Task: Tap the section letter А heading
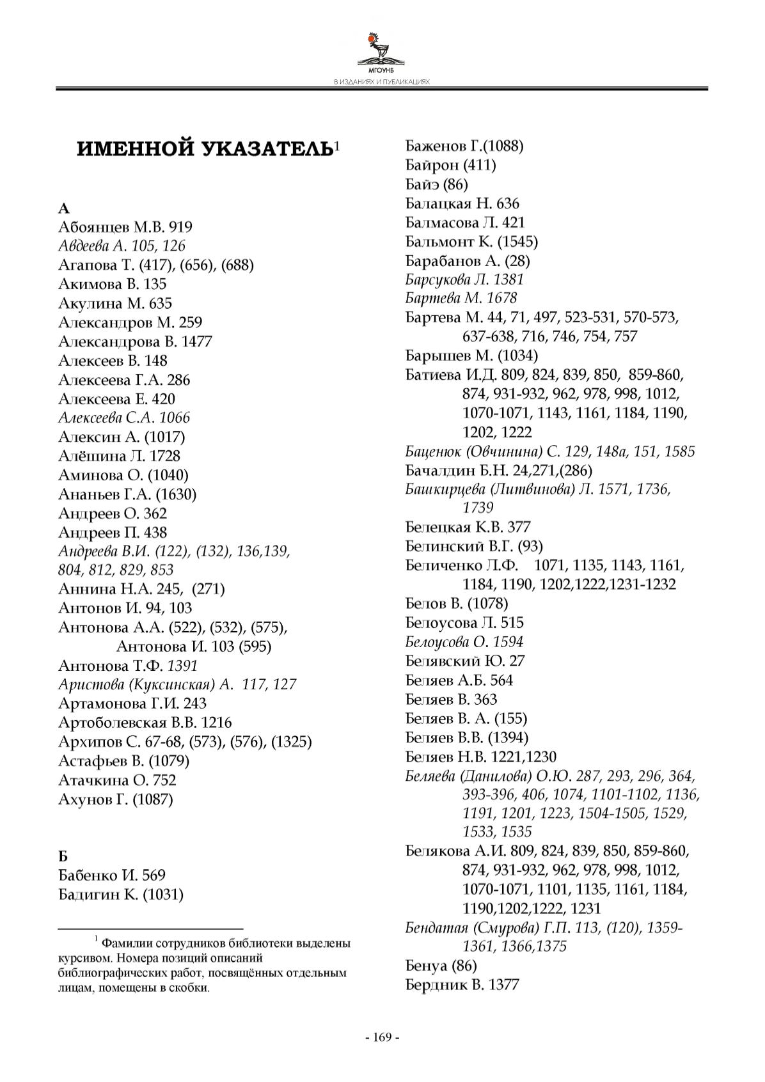(63, 208)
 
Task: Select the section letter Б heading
(63, 856)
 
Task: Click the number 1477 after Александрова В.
(196, 341)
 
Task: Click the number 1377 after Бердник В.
(503, 985)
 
